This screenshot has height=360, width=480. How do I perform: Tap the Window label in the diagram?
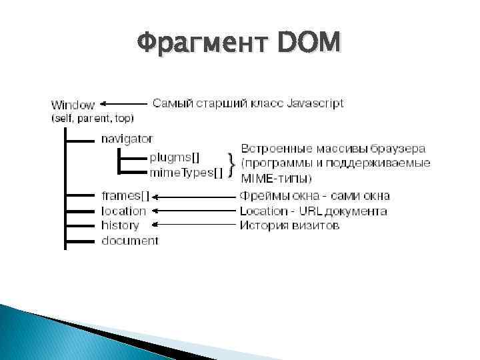(73, 105)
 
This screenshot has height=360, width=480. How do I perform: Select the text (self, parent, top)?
(92, 118)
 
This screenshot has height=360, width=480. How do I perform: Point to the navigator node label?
(127, 139)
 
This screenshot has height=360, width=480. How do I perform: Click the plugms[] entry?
(174, 158)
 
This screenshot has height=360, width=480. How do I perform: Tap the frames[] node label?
(125, 196)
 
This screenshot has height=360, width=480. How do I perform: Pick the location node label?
(123, 211)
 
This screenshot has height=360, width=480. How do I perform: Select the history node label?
(120, 225)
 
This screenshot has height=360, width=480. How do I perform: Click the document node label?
(130, 240)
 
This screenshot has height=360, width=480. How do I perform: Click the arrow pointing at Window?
(123, 104)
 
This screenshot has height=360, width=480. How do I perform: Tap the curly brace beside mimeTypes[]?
(231, 164)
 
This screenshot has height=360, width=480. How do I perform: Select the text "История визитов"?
(289, 225)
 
